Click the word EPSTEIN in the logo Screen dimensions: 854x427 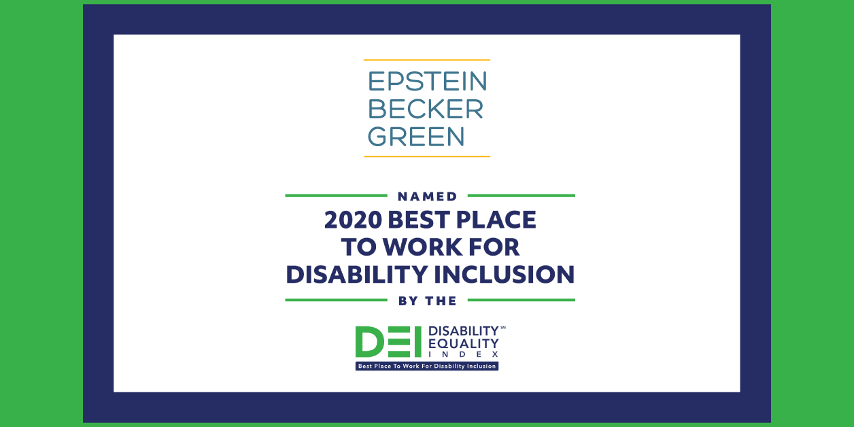tap(428, 81)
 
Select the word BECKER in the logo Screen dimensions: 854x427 tap(426, 109)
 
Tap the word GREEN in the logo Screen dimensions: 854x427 tap(416, 137)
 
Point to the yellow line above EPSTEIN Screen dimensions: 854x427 tap(427, 60)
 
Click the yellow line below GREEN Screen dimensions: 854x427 tap(427, 156)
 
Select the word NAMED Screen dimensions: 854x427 tap(428, 197)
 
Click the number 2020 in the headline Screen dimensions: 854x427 tap(353, 220)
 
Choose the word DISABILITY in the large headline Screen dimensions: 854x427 tap(357, 275)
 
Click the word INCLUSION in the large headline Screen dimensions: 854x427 tap(505, 275)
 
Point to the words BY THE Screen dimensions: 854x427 tap(428, 301)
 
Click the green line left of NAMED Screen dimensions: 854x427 tap(337, 196)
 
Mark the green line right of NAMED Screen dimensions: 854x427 tap(521, 196)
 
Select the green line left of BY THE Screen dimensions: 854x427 tap(337, 300)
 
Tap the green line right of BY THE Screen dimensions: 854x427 tap(521, 300)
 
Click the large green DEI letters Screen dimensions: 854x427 tap(388, 341)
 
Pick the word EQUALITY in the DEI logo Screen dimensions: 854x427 tap(464, 343)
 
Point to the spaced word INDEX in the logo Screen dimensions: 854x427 tap(464, 354)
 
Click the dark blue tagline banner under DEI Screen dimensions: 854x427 tap(427, 366)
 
